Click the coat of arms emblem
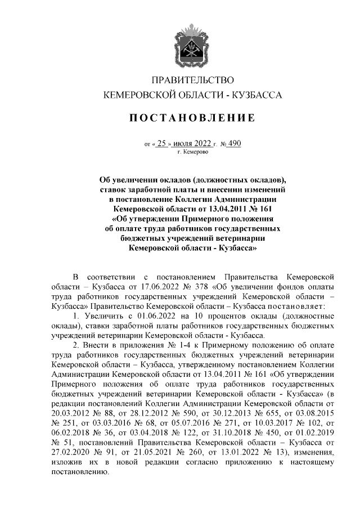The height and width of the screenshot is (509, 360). click(193, 43)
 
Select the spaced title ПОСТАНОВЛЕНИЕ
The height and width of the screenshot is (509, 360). click(193, 118)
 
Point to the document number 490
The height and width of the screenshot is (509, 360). click(234, 143)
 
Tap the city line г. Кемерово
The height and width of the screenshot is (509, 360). click(193, 152)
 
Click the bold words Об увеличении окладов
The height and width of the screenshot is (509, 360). click(145, 180)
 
